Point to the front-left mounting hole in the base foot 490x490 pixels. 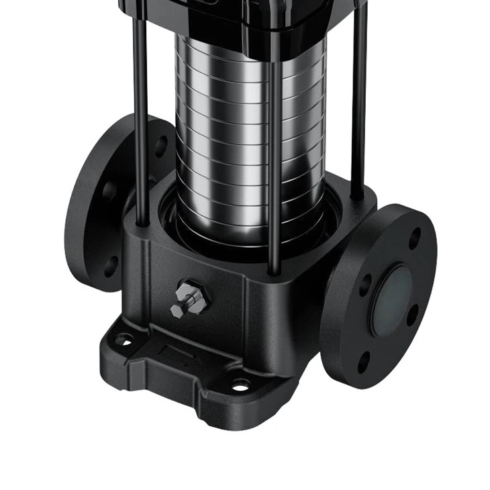124,340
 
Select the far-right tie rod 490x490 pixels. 359,107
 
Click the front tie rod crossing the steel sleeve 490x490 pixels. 274,154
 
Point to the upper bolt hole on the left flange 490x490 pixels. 160,146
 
